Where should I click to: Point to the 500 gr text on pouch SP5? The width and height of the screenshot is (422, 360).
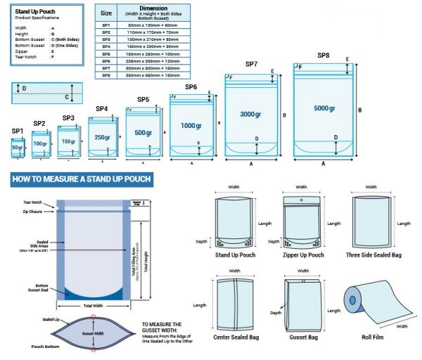143,133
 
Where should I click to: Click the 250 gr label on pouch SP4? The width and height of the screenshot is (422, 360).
103,137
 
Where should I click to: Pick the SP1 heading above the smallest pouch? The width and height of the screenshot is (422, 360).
18,131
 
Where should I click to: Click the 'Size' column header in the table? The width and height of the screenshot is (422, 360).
106,13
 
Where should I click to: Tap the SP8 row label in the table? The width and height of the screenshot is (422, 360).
106,74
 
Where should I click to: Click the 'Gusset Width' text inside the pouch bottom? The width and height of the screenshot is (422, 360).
93,334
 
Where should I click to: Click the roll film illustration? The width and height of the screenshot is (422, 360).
373,302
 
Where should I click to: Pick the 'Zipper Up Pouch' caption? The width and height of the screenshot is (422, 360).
302,255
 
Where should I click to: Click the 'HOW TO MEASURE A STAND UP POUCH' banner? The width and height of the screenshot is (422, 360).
81,179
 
